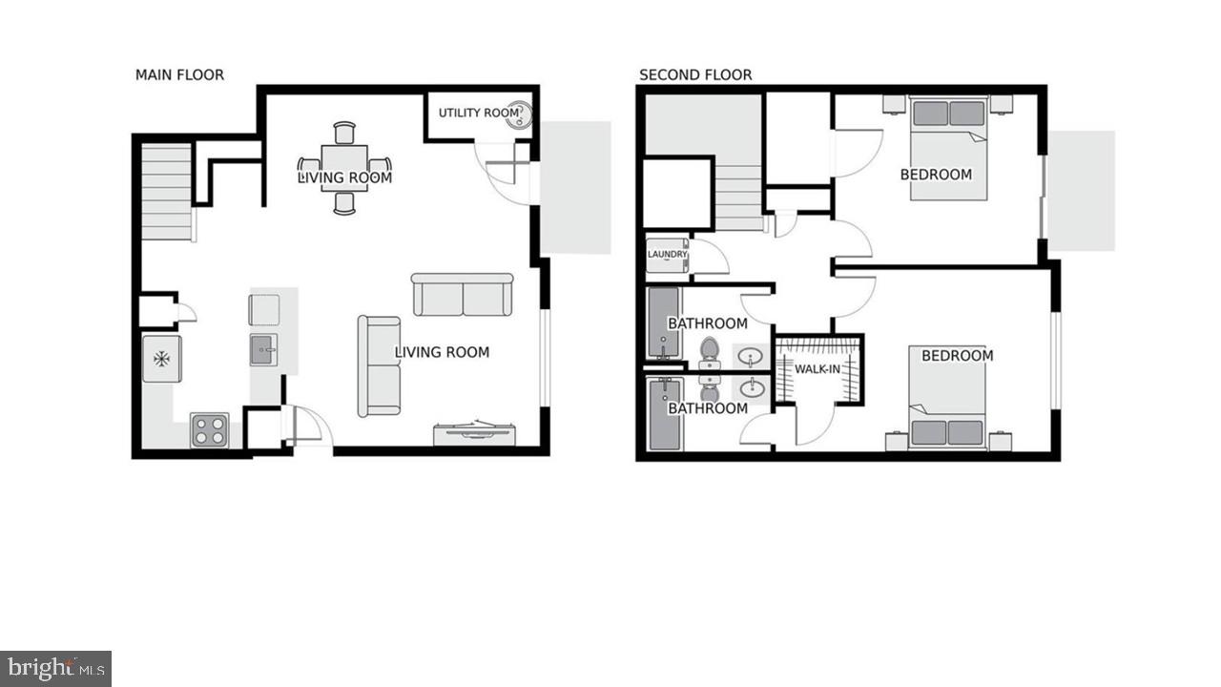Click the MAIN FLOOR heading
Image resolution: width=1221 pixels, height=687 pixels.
179,74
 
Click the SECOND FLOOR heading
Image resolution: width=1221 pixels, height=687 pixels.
695,74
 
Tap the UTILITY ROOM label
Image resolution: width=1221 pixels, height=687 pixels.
478,113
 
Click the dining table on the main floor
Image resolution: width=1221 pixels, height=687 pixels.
344,168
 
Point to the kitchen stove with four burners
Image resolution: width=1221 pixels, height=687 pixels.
209,430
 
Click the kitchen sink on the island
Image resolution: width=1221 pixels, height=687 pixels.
264,349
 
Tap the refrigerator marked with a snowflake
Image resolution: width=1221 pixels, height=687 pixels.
162,359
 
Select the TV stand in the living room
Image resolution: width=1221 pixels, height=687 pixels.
476,433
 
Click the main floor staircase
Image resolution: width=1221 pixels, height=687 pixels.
167,190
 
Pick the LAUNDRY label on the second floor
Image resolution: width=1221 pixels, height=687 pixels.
667,255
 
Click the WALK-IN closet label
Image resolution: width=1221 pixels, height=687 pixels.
818,369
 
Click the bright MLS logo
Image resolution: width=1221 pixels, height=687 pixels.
55,668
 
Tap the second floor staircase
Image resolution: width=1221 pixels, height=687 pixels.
739,197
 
